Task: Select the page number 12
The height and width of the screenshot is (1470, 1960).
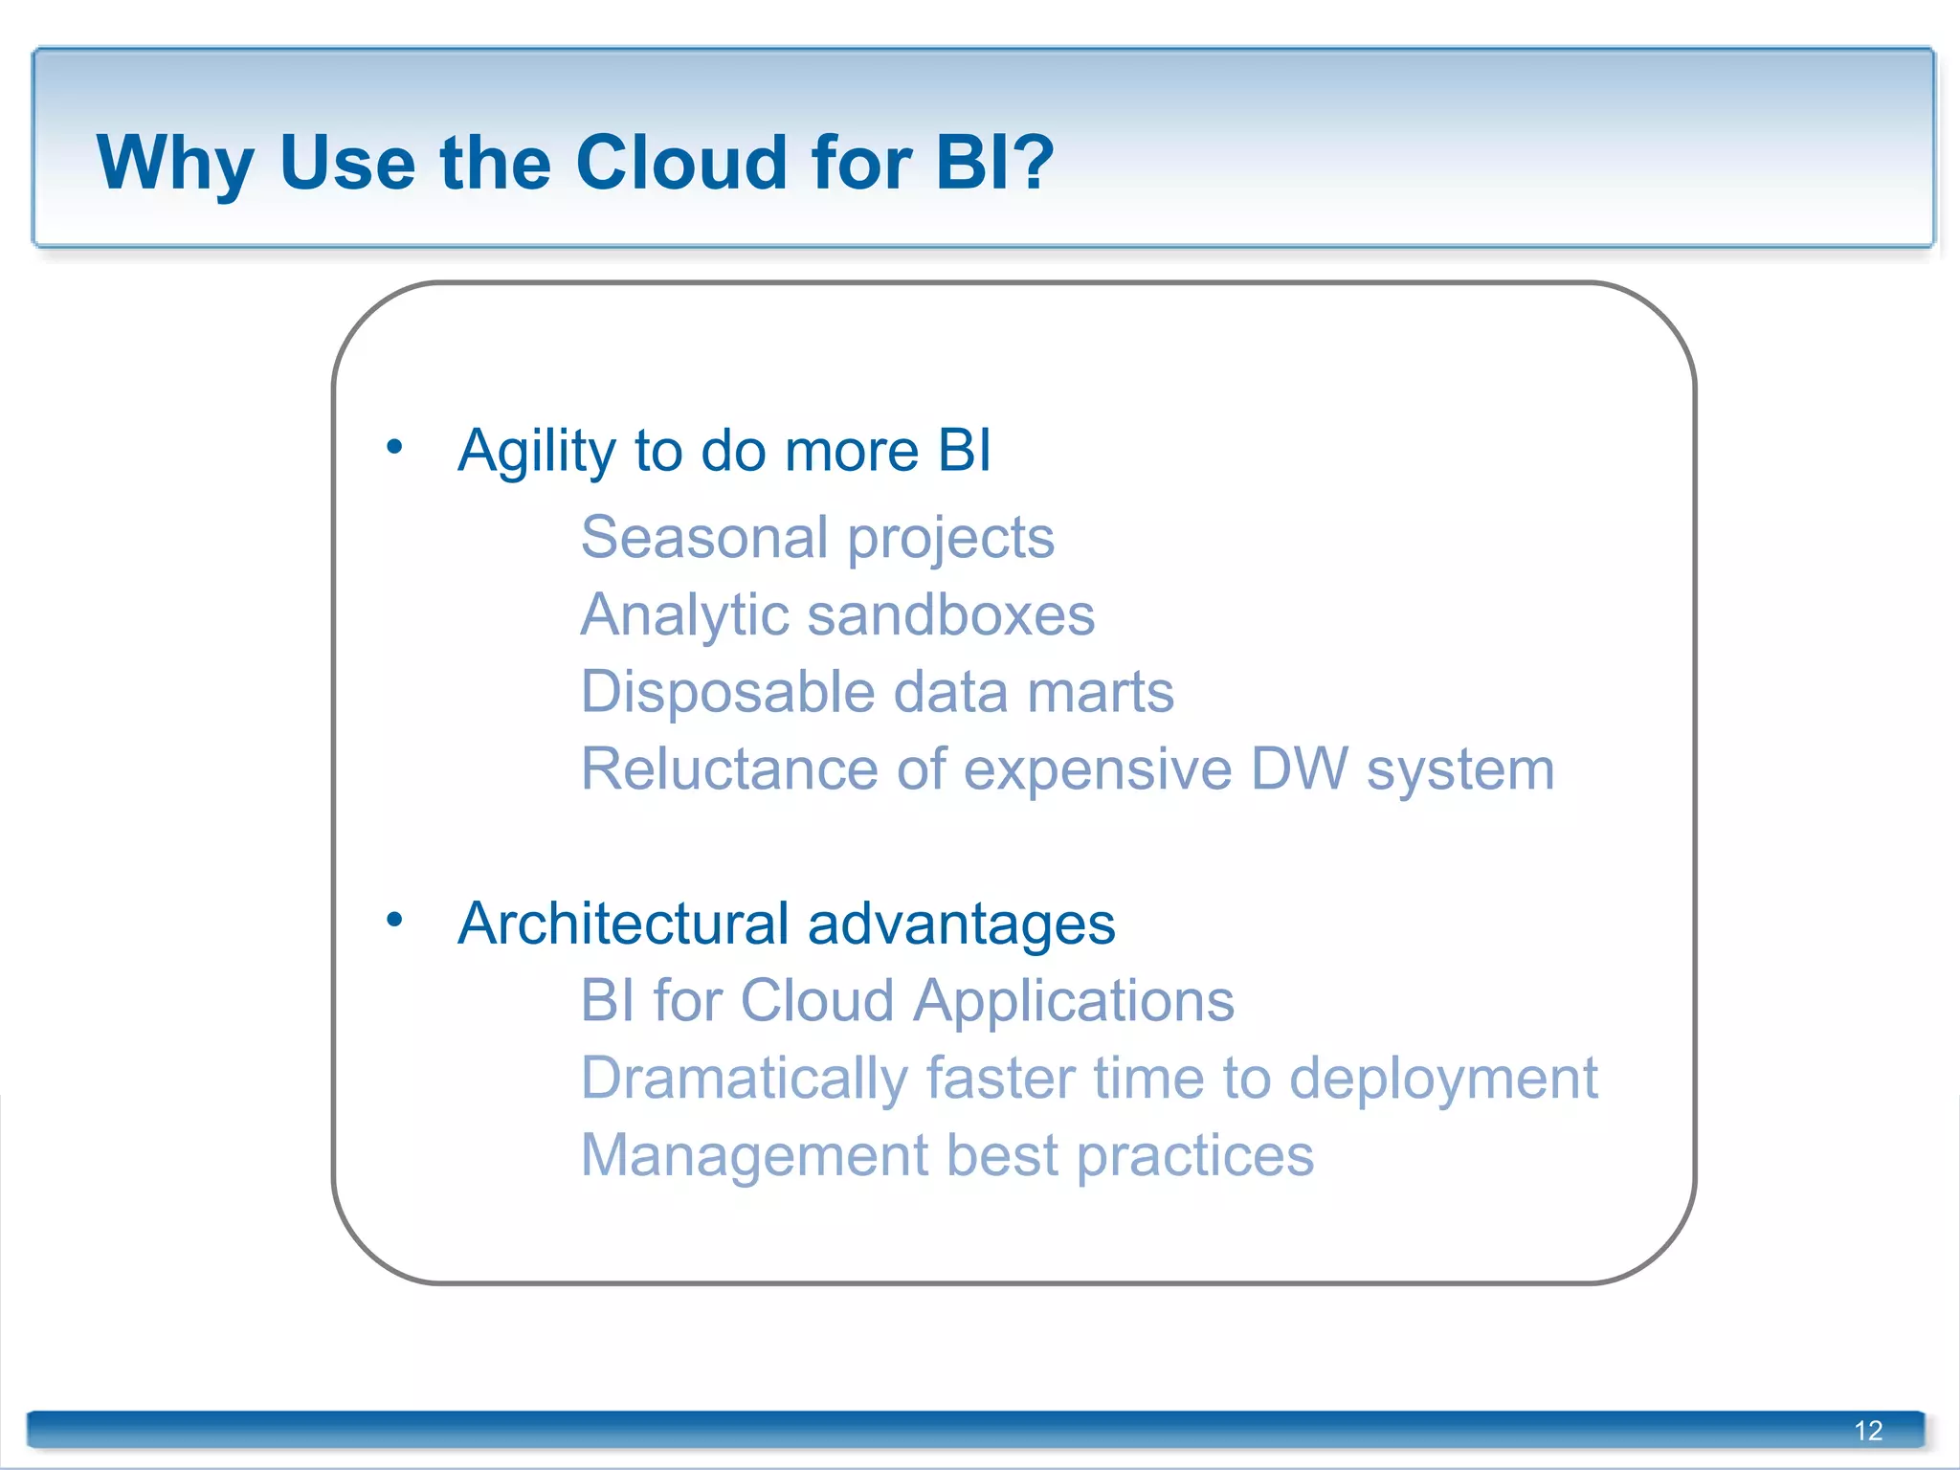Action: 1867,1431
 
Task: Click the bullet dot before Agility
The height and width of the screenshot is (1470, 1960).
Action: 394,446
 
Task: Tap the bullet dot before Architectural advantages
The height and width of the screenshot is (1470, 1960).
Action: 394,920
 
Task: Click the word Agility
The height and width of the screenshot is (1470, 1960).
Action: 536,452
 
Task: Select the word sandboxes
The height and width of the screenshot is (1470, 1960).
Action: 951,614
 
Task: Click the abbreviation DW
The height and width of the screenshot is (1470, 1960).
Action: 1299,768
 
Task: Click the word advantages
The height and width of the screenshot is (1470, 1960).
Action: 961,925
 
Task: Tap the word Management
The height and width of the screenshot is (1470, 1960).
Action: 754,1156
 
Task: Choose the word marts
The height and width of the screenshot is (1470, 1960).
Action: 1100,693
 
